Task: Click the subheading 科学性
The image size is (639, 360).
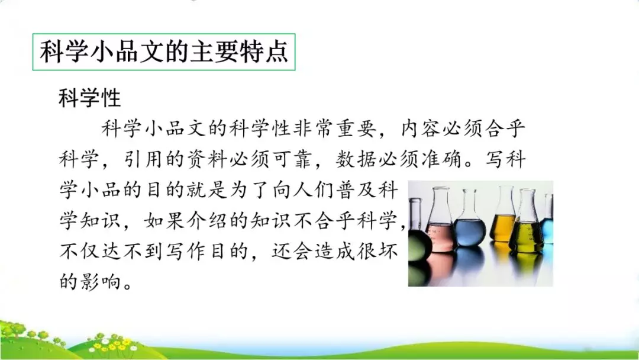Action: (89, 98)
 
